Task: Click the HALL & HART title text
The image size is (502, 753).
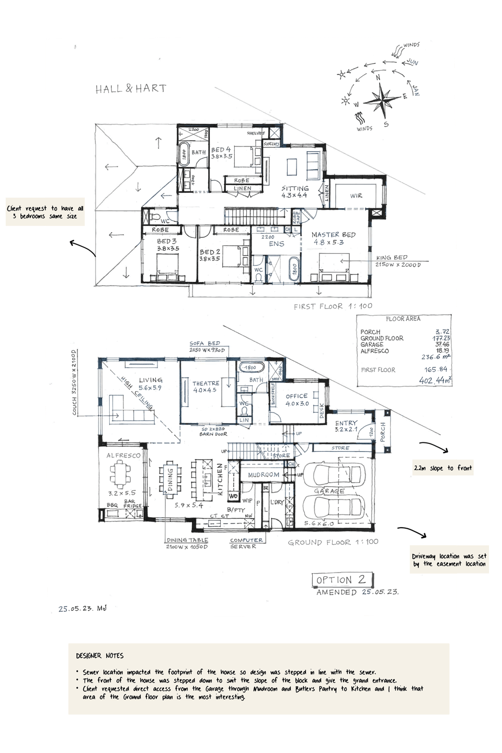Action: [x=131, y=89]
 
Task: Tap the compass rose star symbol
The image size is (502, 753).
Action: [x=384, y=99]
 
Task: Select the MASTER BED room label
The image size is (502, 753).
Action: [x=333, y=235]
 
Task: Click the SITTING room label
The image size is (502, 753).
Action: [x=295, y=189]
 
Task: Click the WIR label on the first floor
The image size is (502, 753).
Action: [x=356, y=196]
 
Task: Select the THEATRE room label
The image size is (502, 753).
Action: [x=205, y=383]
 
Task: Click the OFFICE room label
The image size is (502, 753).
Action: [x=296, y=396]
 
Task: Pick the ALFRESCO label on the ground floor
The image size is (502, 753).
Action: [x=123, y=455]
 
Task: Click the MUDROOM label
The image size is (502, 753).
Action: [x=264, y=475]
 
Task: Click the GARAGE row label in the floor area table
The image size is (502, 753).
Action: [x=372, y=345]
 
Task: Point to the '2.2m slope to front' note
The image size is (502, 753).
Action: [x=442, y=468]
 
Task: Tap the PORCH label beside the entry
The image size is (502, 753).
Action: [x=383, y=432]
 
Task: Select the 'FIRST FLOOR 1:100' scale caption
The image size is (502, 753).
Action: [x=333, y=306]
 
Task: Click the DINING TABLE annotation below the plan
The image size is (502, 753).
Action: [x=187, y=540]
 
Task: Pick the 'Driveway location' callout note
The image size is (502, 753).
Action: [x=449, y=560]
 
